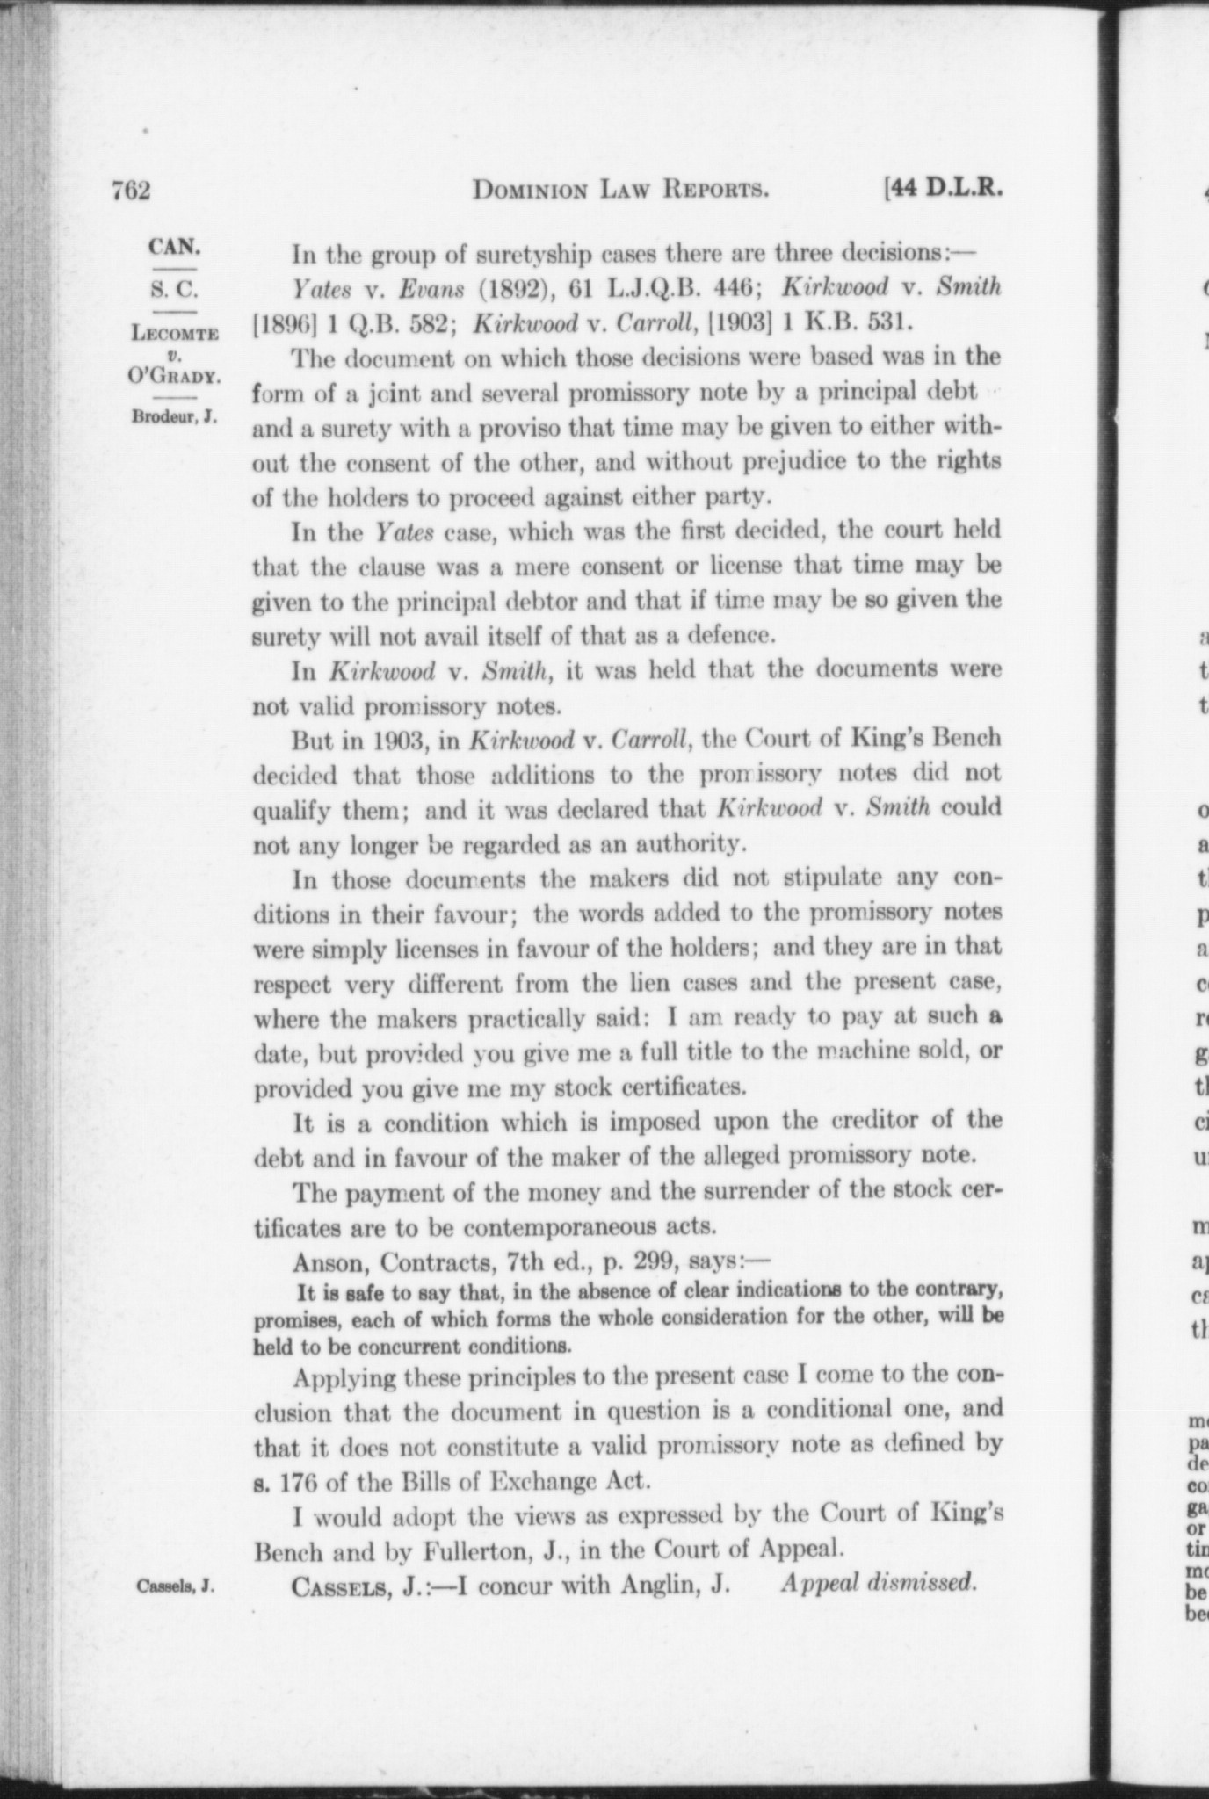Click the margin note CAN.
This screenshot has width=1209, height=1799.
coord(175,246)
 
